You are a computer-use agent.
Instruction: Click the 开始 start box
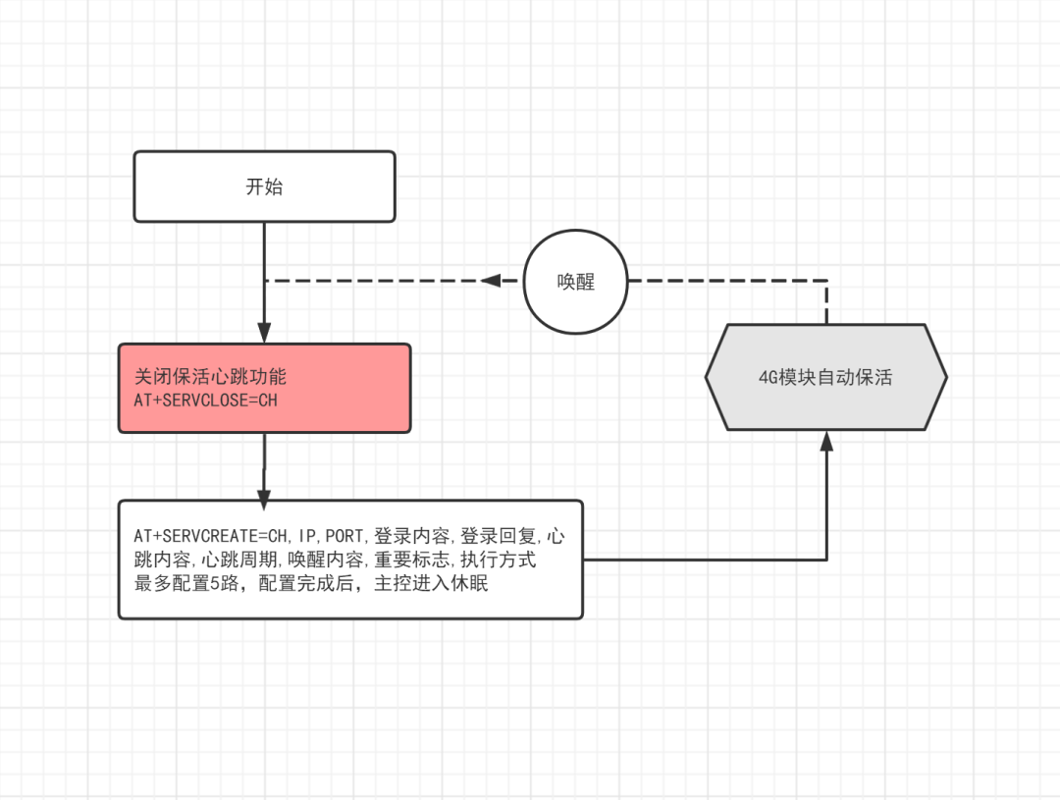tap(264, 187)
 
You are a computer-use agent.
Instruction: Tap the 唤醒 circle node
tap(575, 282)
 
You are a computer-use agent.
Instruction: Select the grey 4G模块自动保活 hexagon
tap(826, 377)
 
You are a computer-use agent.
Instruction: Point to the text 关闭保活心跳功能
tap(210, 377)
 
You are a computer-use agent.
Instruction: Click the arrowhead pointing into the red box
tap(264, 332)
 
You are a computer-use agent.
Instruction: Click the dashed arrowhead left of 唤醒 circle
tap(491, 281)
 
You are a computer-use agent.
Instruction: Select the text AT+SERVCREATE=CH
tap(212, 536)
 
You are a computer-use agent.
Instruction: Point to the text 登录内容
tap(412, 536)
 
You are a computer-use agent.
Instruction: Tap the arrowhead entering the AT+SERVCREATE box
tap(264, 500)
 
